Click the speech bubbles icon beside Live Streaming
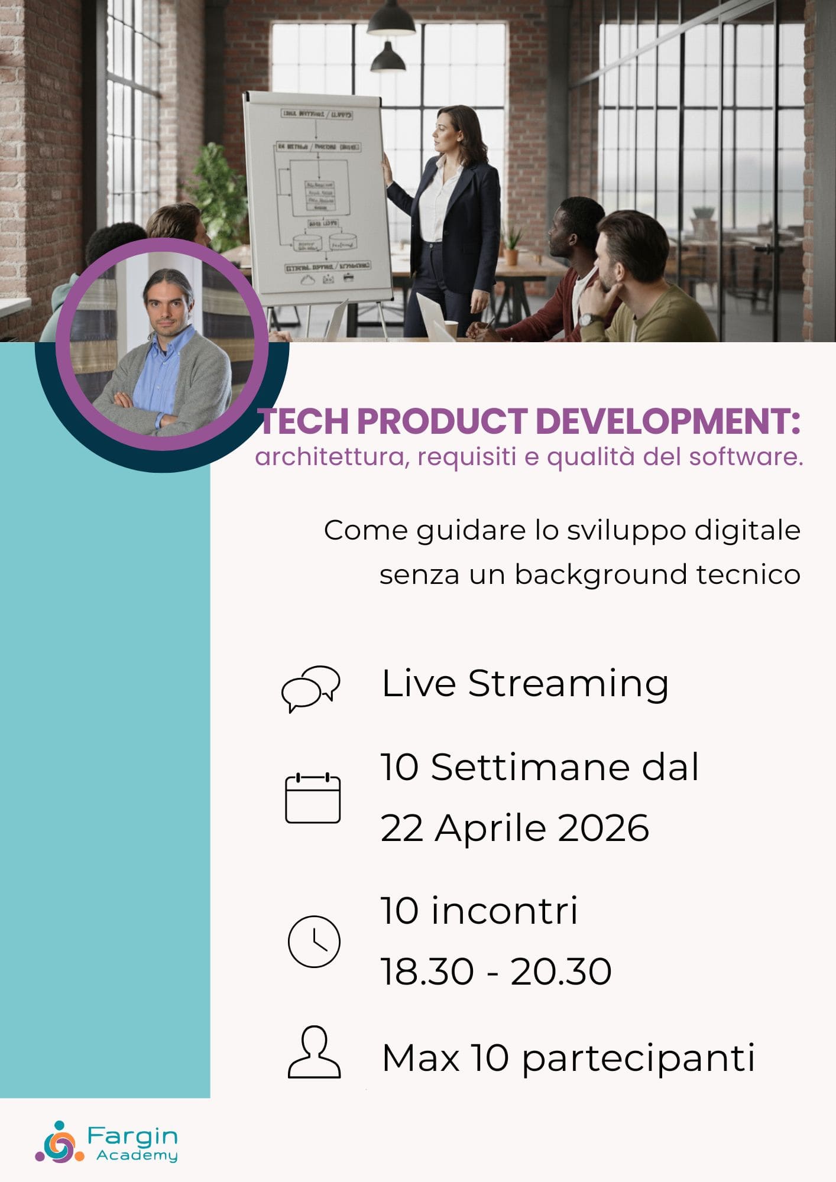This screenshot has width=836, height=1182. click(x=310, y=688)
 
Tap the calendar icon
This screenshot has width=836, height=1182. click(x=313, y=798)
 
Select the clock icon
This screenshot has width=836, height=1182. click(x=313, y=941)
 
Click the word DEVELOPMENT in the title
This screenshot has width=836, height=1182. click(x=667, y=422)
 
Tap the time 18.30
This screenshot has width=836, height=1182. click(x=427, y=971)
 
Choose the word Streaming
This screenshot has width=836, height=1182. click(x=568, y=684)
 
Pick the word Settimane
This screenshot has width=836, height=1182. click(x=522, y=767)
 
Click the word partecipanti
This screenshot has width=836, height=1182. click(x=639, y=1058)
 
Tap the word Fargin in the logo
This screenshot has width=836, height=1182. click(x=132, y=1135)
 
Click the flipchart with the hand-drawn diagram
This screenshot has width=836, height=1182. click(x=317, y=198)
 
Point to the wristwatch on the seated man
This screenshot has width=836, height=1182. click(x=587, y=320)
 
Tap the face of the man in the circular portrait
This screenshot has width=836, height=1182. click(x=168, y=307)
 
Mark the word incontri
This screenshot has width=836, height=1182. click(x=504, y=911)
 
